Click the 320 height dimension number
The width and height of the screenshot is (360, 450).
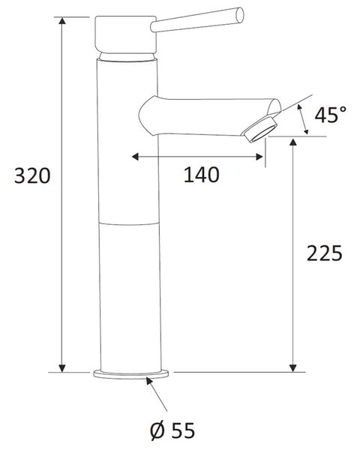coord(32,176)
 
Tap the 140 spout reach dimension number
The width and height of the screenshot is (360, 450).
coord(202,175)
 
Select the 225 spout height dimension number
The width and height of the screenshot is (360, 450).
coord(325,253)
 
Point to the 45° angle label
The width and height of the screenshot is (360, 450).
coord(331,114)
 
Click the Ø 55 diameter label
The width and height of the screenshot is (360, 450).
coord(172,430)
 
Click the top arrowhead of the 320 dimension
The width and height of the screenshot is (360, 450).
coord(62,21)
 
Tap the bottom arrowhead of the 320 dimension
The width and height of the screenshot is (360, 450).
coord(62,368)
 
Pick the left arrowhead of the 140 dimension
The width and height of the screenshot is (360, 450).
coord(135,157)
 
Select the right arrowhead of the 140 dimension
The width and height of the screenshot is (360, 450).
coord(259,157)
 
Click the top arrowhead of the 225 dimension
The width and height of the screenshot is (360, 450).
coord(292,142)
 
